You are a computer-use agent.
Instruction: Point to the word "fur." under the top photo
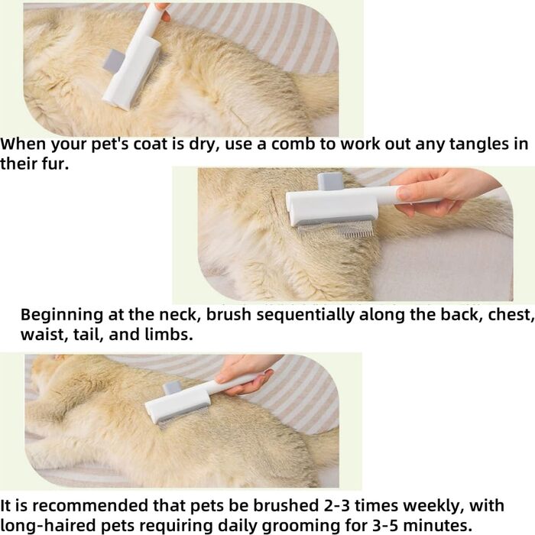click(55, 164)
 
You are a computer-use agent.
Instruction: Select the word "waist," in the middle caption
click(44, 335)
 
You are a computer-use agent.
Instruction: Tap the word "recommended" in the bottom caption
click(92, 506)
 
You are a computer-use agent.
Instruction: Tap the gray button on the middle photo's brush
click(330, 182)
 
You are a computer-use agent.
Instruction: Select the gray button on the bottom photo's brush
click(172, 388)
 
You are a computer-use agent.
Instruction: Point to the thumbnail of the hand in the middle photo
click(404, 193)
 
